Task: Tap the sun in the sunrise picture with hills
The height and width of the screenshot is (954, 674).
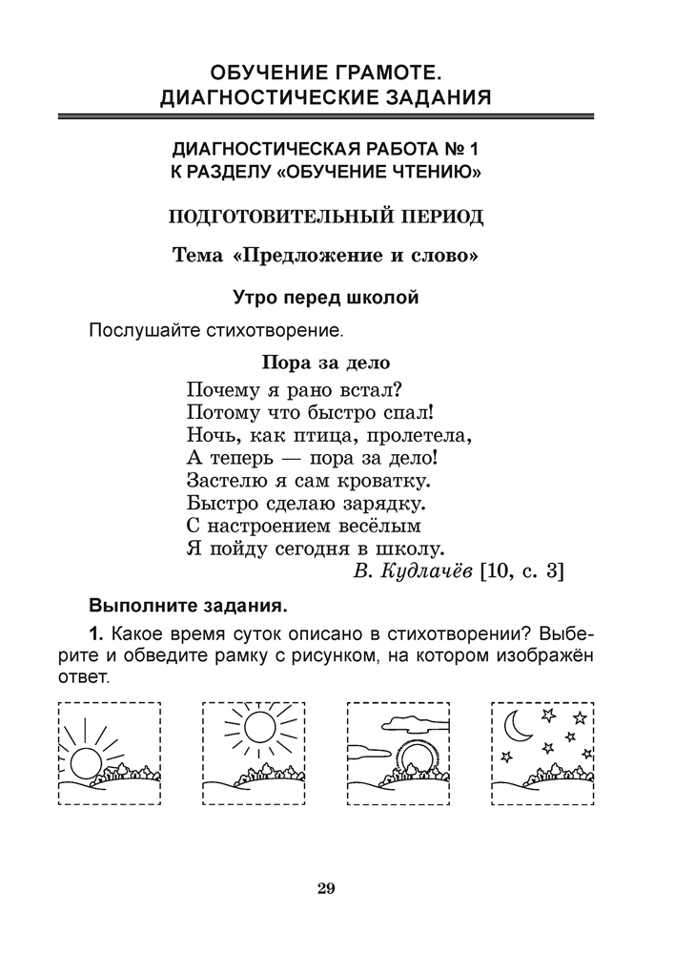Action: pyautogui.click(x=83, y=762)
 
